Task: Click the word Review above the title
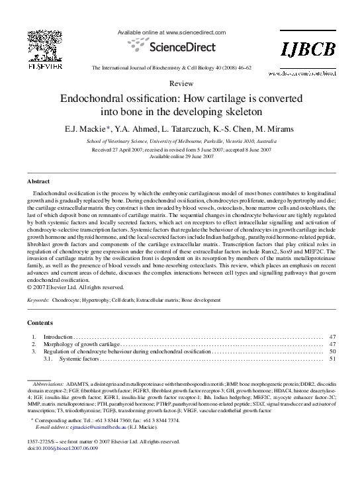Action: (x=181, y=83)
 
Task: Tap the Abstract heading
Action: (x=38, y=181)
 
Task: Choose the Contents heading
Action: (x=40, y=323)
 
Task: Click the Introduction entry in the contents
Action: (x=58, y=337)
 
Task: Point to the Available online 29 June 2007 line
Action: (x=180, y=156)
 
